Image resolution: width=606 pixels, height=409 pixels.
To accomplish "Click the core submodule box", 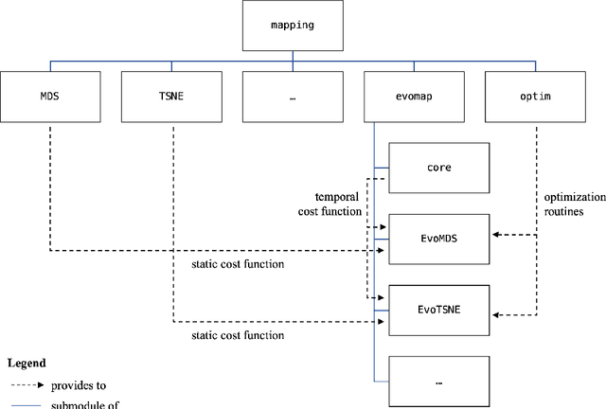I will pos(438,168).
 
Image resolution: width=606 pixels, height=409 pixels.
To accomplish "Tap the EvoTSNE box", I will pos(438,310).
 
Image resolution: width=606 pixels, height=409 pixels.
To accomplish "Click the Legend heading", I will pos(27,363).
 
